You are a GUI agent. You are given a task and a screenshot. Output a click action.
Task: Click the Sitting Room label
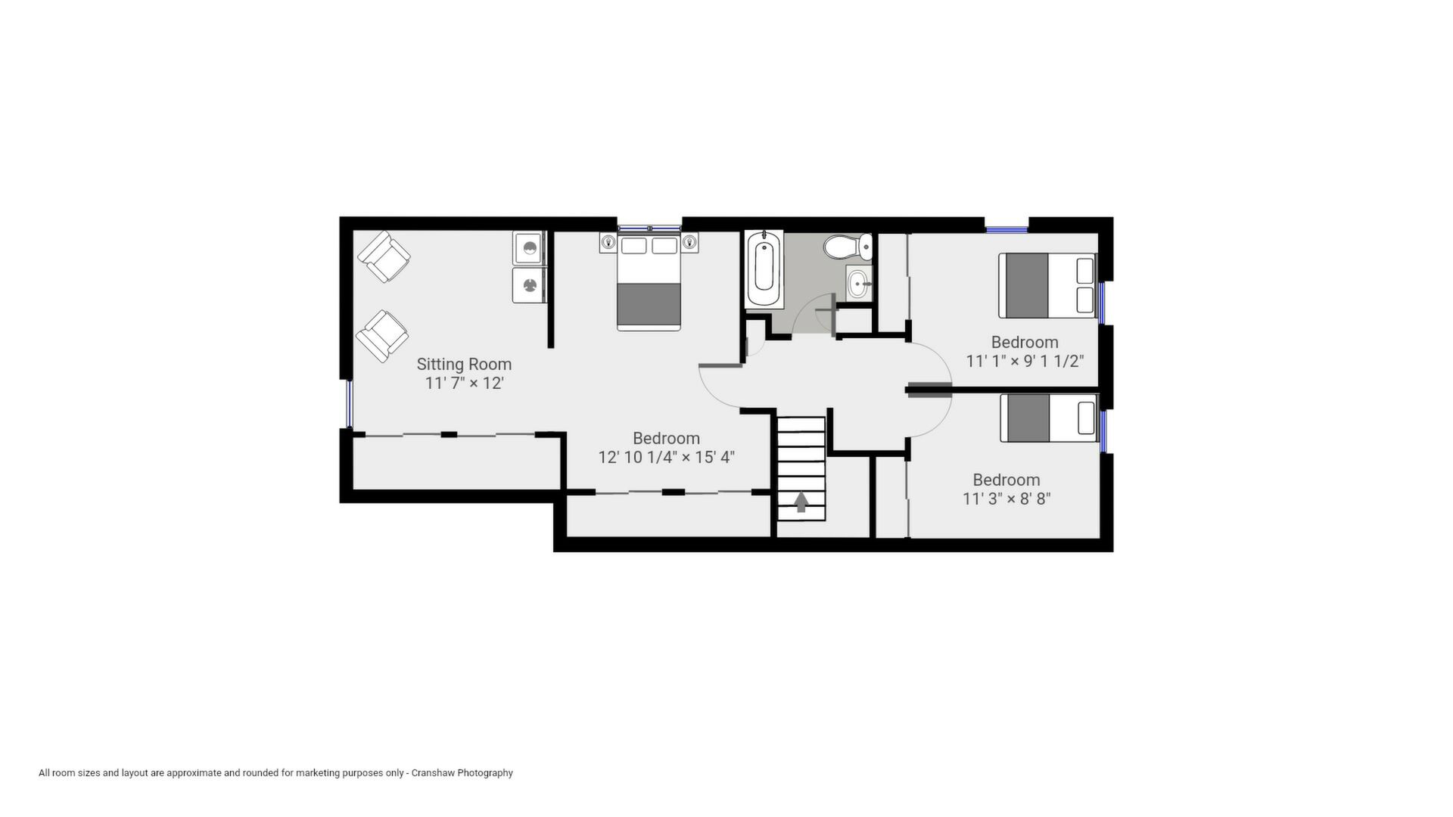pyautogui.click(x=464, y=364)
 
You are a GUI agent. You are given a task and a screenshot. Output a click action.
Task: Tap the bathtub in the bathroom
pyautogui.click(x=764, y=270)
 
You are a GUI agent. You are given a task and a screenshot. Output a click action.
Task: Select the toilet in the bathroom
pyautogui.click(x=848, y=247)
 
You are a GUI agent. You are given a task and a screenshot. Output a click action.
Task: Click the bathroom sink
pyautogui.click(x=860, y=284)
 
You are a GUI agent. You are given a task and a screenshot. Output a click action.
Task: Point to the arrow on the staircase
pyautogui.click(x=801, y=502)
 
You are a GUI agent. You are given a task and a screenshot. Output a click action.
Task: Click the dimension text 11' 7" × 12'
pyautogui.click(x=464, y=383)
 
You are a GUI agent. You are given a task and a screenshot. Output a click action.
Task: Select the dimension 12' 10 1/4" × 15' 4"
pyautogui.click(x=666, y=457)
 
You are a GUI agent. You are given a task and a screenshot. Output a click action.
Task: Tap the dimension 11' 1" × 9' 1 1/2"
pyautogui.click(x=1025, y=361)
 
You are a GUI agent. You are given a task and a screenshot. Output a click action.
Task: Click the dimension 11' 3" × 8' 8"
pyautogui.click(x=1007, y=499)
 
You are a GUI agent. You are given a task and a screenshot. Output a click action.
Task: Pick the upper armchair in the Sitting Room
pyautogui.click(x=384, y=256)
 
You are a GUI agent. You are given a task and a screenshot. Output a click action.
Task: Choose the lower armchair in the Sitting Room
pyautogui.click(x=382, y=336)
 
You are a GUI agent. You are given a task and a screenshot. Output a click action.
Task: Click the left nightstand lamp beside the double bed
pyautogui.click(x=608, y=242)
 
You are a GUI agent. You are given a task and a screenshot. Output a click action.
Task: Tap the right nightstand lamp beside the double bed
pyautogui.click(x=689, y=242)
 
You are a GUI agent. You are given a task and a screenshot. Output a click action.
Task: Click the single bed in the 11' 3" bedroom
pyautogui.click(x=1049, y=418)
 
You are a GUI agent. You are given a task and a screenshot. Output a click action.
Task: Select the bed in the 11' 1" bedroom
pyautogui.click(x=1047, y=285)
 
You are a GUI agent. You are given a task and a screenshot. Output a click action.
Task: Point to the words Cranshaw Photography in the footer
pyautogui.click(x=462, y=773)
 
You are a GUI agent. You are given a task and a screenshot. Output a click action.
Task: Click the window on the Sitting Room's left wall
pyautogui.click(x=350, y=403)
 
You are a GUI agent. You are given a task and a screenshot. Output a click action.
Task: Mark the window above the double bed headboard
pyautogui.click(x=649, y=228)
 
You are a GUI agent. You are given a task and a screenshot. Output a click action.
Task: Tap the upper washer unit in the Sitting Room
pyautogui.click(x=530, y=247)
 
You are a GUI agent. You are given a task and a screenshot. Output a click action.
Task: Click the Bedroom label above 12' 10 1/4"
pyautogui.click(x=666, y=438)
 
